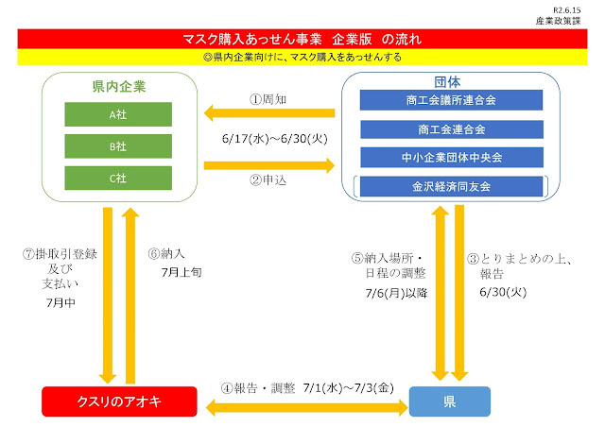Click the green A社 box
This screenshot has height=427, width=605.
click(118, 113)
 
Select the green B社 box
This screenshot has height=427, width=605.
click(118, 146)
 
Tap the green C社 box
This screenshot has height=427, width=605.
click(118, 179)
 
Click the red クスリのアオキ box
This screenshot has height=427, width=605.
click(112, 402)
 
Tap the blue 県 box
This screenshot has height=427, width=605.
click(449, 402)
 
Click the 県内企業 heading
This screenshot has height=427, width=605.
click(118, 86)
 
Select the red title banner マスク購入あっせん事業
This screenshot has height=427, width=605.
click(302, 40)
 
